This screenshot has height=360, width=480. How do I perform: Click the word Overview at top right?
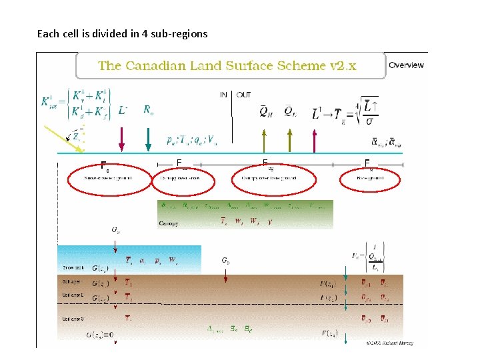[406, 65]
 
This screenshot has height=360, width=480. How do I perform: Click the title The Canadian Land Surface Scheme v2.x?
[227, 65]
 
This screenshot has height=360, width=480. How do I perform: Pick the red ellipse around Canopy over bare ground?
[273, 179]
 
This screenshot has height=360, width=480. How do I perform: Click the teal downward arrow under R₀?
[147, 138]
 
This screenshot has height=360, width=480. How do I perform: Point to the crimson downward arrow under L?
[121, 138]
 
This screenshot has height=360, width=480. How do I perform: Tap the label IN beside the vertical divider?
[223, 95]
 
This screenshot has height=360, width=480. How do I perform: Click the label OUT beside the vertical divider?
[243, 95]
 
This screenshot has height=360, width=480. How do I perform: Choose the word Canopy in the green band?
[168, 223]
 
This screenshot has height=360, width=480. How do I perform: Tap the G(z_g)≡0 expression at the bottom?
[99, 335]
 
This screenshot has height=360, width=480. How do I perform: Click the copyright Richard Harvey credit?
[389, 343]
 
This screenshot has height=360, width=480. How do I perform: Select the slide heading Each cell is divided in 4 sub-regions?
[122, 33]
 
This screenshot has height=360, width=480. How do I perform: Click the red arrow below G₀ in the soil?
[226, 277]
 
